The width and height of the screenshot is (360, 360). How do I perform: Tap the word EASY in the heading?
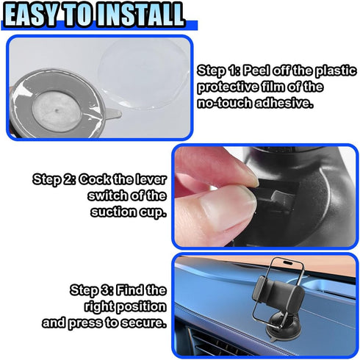(x=32, y=15)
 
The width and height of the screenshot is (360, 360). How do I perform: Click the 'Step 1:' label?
(x=219, y=71)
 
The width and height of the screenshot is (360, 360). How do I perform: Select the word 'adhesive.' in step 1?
(x=284, y=103)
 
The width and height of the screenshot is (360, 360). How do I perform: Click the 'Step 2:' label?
(x=54, y=180)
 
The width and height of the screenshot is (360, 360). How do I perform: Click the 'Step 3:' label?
(x=92, y=290)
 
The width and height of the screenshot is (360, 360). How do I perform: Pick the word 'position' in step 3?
(x=141, y=307)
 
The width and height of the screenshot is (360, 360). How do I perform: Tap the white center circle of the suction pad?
(x=57, y=112)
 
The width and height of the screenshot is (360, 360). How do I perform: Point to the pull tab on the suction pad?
(x=112, y=114)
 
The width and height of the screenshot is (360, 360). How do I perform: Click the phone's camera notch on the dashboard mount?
(x=288, y=263)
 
